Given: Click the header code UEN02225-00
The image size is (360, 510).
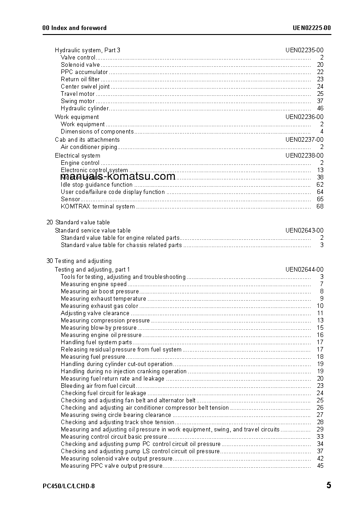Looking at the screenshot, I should [311, 28].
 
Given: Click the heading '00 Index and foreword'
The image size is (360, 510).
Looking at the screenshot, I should [74, 28].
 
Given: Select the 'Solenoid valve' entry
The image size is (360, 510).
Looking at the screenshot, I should [80, 65].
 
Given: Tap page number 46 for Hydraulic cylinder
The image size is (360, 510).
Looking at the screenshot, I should [320, 109].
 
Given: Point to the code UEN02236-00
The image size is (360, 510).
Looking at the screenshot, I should [304, 117].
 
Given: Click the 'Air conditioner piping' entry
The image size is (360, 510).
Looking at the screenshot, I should [89, 147].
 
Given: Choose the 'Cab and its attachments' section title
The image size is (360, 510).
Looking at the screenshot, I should [87, 140].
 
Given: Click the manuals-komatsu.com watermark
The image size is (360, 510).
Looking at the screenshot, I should [118, 177].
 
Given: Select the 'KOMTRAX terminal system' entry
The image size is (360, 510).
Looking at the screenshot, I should [98, 207].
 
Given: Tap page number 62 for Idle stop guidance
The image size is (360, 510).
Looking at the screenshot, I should [320, 185].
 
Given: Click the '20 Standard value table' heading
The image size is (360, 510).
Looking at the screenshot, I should [78, 223].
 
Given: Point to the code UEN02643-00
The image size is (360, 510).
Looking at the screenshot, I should [304, 230].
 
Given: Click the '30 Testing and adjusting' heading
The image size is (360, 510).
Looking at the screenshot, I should [79, 261].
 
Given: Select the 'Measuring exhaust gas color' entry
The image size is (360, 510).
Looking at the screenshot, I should [99, 306].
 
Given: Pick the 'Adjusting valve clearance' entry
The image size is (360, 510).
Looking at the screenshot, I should [95, 313].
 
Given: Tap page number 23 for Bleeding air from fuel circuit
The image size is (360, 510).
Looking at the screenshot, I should [320, 386].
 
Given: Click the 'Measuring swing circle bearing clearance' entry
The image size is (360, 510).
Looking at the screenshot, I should [116, 415].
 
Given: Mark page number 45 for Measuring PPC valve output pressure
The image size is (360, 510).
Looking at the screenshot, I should [320, 466].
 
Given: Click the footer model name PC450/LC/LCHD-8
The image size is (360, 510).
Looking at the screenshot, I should [69, 486].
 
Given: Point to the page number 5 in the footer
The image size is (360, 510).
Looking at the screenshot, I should [328, 485].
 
